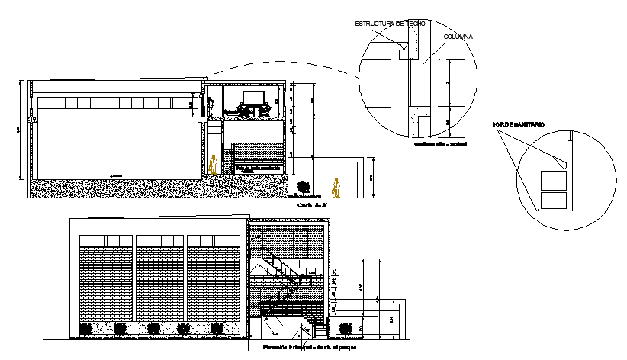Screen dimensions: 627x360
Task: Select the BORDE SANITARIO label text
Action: [519, 123]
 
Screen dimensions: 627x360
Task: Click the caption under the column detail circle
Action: [439, 144]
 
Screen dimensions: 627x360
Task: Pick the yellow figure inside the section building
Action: [215, 164]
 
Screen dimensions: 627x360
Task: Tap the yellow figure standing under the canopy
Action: [336, 187]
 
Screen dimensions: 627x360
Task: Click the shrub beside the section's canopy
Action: [304, 185]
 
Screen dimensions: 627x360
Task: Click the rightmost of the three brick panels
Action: [211, 283]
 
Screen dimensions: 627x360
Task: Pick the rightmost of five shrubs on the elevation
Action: [218, 329]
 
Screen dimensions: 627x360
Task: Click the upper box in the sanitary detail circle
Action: [553, 181]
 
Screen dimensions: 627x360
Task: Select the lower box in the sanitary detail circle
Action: [553, 201]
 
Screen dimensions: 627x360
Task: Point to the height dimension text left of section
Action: [18, 131]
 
